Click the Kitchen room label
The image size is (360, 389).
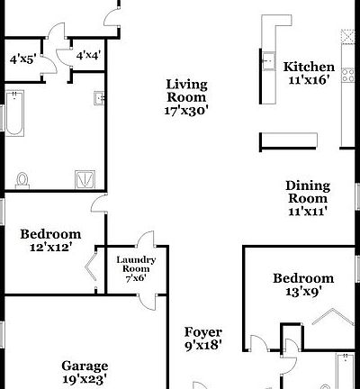[309, 67]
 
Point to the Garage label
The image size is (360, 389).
[85, 366]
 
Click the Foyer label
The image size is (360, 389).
[202, 332]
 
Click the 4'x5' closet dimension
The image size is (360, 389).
[22, 59]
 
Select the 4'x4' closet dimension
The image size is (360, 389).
[88, 56]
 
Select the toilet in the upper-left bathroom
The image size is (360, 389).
[22, 177]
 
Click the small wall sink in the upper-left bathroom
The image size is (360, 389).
[98, 97]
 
